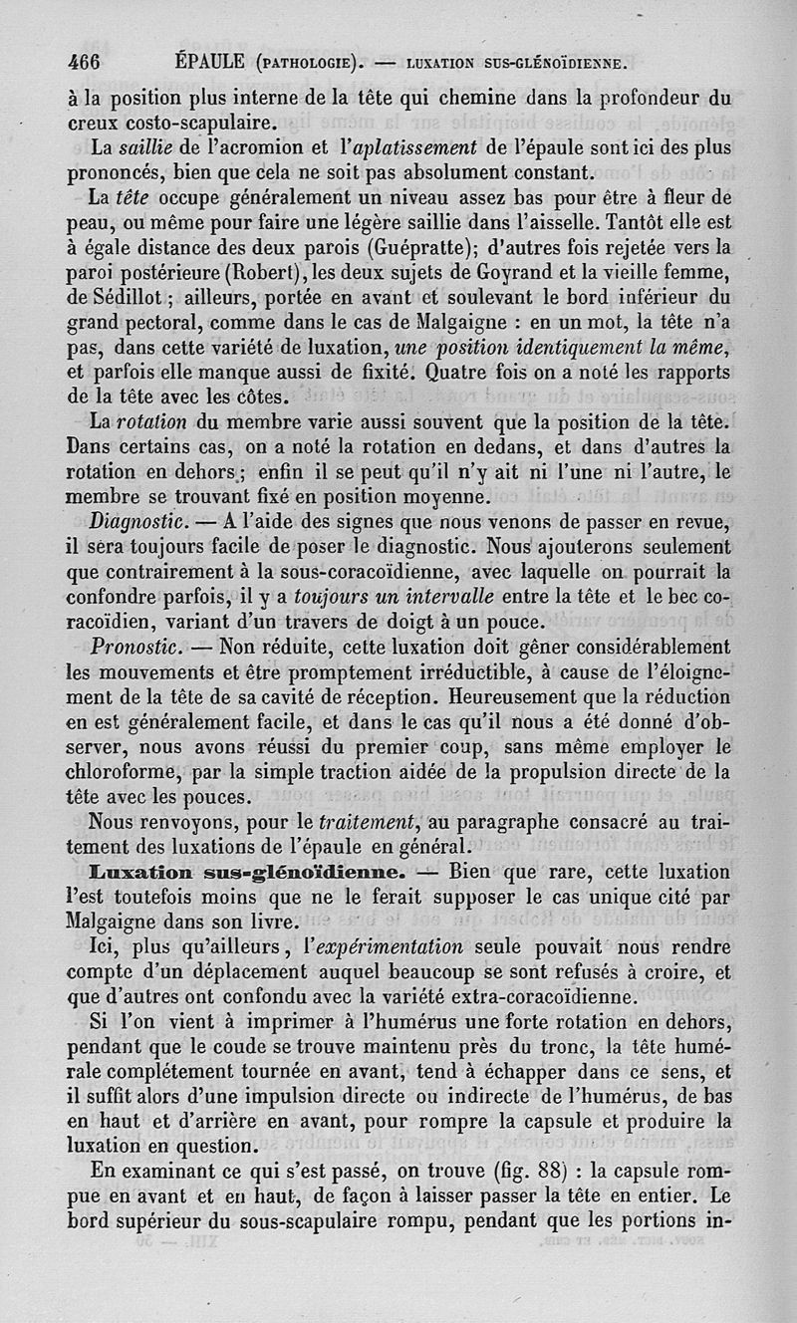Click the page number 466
84,61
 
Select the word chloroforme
123,771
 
